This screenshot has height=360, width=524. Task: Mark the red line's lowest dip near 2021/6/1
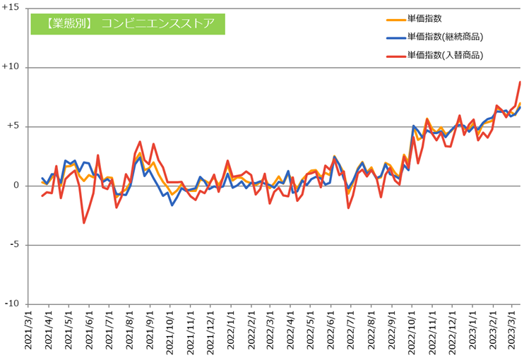click(84, 223)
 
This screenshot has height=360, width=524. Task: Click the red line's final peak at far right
click(520, 82)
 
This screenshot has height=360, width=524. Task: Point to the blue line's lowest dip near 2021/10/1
click(172, 205)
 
